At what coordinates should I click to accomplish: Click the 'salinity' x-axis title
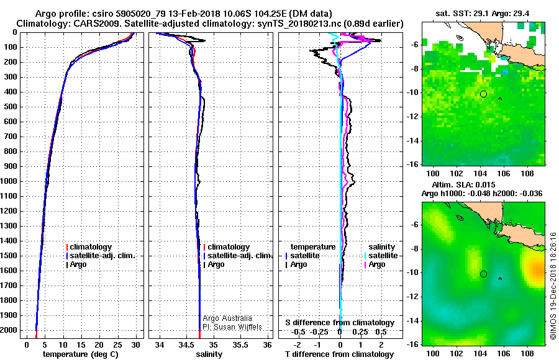coord(209,354)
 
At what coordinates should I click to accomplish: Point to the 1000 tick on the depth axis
coord(11,181)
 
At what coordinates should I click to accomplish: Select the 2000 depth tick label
coord(11,330)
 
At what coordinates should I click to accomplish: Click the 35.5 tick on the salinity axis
coord(242,344)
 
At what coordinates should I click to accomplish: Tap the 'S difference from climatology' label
coord(339,323)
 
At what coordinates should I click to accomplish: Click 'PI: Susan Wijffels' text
coord(232,326)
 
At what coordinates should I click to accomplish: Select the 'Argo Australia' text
coord(227,318)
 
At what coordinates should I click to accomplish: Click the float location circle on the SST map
coord(483,94)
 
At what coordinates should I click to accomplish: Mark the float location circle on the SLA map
coord(483,274)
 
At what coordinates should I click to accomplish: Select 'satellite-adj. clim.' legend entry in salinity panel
coord(240,256)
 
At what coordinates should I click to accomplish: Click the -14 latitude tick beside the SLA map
coord(412,320)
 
